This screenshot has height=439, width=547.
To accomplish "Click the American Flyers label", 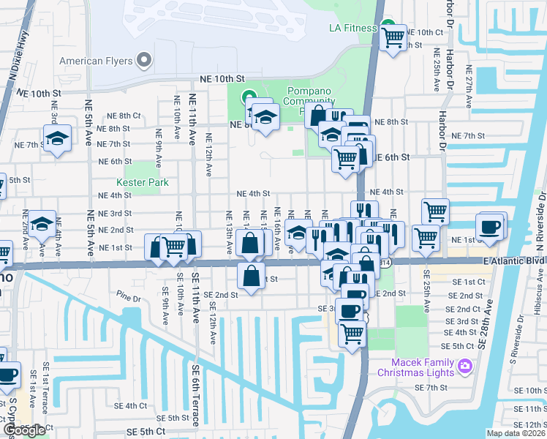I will coord(96,61).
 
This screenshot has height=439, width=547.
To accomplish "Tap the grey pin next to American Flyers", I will coord(144,59).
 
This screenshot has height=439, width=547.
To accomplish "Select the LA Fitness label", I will coord(352,29).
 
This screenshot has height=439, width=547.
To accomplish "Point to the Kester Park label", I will coord(142,183).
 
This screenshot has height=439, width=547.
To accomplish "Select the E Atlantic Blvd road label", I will coord(513,260).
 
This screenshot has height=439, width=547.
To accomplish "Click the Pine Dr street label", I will coord(128,299).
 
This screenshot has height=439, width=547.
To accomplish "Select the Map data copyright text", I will coord(516,433).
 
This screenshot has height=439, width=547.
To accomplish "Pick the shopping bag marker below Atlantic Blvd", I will coord(251,277).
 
